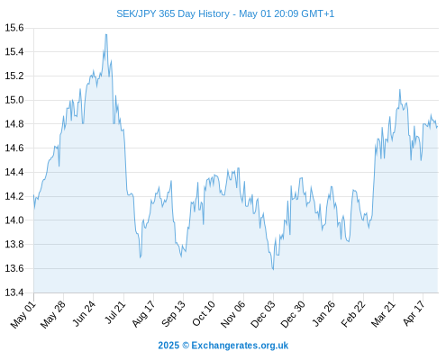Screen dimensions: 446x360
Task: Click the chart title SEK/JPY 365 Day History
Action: click(173, 13)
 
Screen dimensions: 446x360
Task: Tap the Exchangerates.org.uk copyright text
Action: click(223, 346)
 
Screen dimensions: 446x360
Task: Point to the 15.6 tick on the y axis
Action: click(14, 28)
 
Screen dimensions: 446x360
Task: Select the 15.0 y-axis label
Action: click(14, 100)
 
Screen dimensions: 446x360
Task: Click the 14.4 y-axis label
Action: click(14, 172)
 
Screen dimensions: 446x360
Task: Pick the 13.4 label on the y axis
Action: click(14, 292)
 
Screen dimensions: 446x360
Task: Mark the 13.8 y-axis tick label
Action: click(14, 244)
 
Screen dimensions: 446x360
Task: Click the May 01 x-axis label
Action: click(23, 314)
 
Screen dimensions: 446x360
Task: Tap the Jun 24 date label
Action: click(84, 313)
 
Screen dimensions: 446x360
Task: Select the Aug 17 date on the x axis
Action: click(143, 313)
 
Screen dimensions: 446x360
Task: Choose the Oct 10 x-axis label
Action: click(204, 313)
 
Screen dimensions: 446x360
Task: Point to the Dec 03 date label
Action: click(263, 314)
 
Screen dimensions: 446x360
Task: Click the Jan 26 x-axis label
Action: click(323, 313)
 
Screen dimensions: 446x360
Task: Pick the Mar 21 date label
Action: click(383, 314)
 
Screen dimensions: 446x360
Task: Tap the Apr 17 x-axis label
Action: click(414, 313)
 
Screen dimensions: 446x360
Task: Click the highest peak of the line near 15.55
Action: click(106, 34)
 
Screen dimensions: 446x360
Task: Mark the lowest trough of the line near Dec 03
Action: click(273, 269)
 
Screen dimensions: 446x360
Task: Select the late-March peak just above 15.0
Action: click(400, 89)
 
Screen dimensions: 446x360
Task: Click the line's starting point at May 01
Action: click(33, 195)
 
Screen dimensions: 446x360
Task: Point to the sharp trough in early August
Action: click(141, 257)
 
